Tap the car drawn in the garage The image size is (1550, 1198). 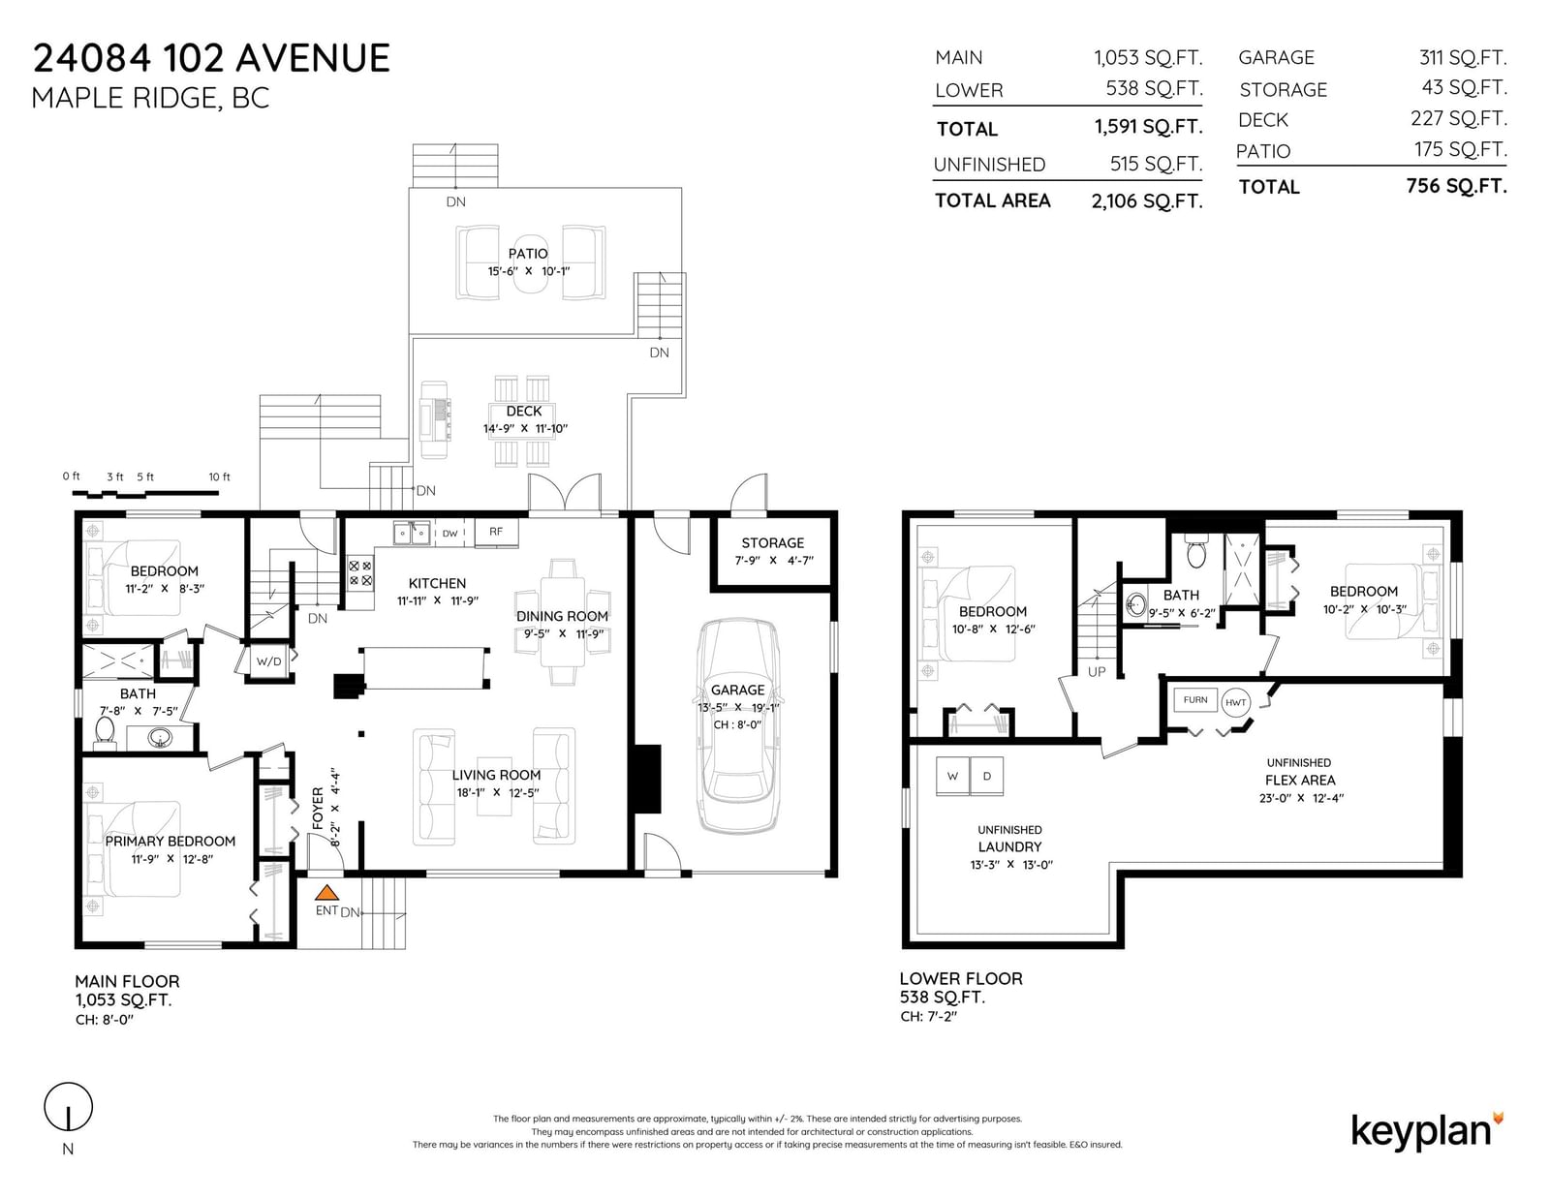point(738,725)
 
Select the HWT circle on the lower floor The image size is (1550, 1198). point(1235,702)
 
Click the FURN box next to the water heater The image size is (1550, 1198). point(1195,700)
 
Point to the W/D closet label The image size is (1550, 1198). point(269,661)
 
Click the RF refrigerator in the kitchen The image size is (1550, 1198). point(496,532)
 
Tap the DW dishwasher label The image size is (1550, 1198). point(450,534)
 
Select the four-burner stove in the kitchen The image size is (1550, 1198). point(359,573)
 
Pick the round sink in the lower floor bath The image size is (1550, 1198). point(1136,604)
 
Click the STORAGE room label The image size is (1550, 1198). point(772,542)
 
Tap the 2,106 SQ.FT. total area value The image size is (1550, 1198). point(1147,201)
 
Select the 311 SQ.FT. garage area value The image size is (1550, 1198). point(1462,57)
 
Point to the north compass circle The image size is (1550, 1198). point(69,1107)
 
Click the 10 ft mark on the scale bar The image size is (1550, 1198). point(219,477)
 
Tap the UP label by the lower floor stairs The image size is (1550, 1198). point(1097,672)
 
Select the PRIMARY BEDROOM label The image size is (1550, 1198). point(170,842)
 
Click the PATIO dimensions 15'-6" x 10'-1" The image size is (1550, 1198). point(529,271)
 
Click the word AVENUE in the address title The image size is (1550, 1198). point(313,58)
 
